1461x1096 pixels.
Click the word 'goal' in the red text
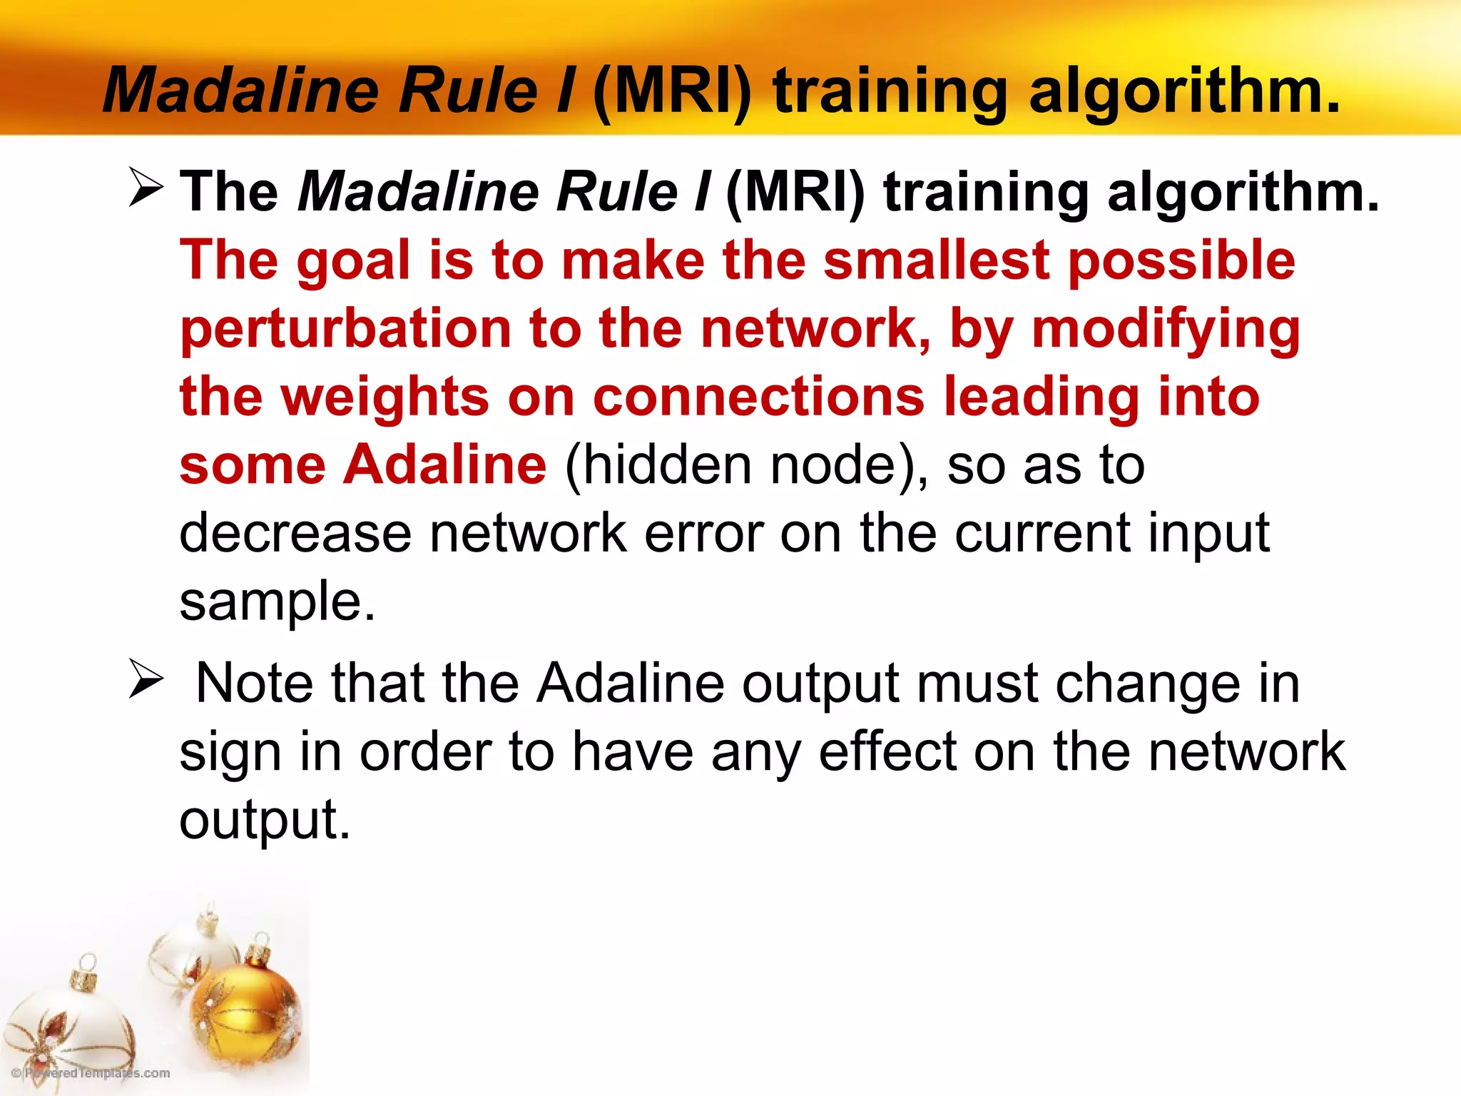354,261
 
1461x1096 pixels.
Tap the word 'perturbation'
345,330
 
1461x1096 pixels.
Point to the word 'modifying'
1166,330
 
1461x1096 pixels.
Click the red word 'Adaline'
446,465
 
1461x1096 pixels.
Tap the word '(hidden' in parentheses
657,465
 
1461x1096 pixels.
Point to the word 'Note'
254,684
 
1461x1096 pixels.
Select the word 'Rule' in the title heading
467,91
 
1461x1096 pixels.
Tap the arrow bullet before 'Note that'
146,679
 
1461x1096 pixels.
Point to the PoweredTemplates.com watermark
91,1073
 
